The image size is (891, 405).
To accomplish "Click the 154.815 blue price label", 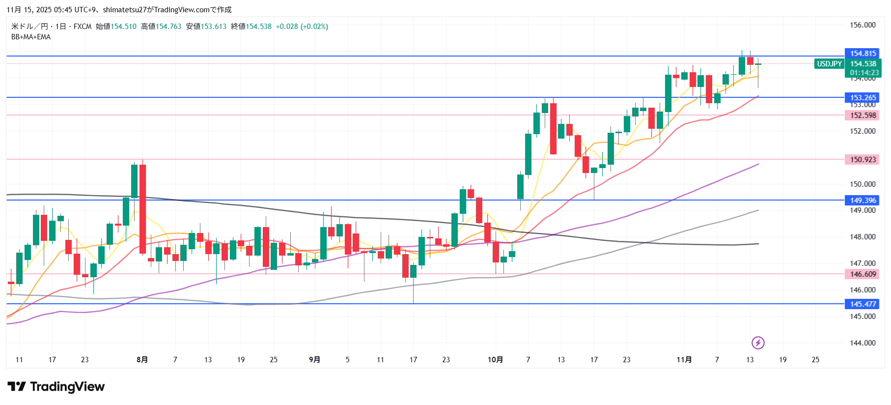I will coord(863,54).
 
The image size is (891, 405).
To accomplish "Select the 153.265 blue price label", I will coord(863,98).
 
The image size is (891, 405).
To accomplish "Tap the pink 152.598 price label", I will coord(863,116).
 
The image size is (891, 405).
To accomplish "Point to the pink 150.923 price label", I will coord(863,160).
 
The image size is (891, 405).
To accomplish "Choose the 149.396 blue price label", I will coord(863,201).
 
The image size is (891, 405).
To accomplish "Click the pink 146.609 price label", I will coord(863,274).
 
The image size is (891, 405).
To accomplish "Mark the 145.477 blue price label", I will coord(863,304).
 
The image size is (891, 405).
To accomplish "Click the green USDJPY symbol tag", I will coord(829,64).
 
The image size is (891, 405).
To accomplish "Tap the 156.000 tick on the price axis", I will coord(863,25).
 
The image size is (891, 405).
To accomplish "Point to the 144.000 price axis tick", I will coord(863,343).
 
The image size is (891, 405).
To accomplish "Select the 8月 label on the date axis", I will coord(142,360).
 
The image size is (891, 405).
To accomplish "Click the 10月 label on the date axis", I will coord(495,360).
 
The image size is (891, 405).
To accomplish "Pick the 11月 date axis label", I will coord(684,360).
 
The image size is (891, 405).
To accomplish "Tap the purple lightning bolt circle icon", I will coord(758,343).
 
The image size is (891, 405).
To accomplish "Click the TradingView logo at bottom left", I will coord(56,387).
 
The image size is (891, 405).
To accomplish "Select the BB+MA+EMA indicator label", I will coord(31,37).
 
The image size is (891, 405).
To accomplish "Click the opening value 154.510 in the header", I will coord(123,27).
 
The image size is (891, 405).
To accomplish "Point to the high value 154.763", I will coord(168,27).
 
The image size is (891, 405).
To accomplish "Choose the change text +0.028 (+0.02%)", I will coord(302,27).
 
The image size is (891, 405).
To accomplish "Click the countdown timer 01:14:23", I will coord(864,73).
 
